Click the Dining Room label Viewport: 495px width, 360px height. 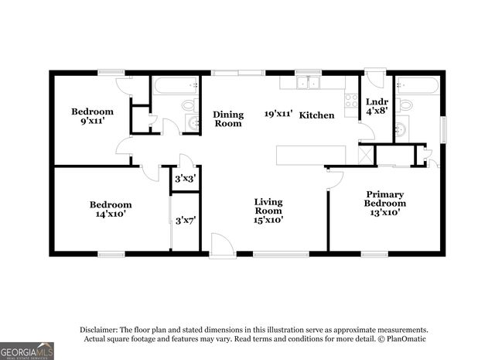point(228,118)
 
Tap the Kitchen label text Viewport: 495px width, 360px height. point(317,115)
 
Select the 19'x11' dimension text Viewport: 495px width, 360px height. point(279,113)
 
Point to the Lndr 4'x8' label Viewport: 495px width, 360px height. point(377,106)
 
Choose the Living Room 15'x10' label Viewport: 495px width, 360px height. point(268,211)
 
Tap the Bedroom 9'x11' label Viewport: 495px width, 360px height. point(92,117)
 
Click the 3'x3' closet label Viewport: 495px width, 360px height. point(184,179)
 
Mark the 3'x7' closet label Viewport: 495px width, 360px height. point(185,221)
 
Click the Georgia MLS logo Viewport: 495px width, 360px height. point(27,351)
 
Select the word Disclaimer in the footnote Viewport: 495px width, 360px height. point(97,329)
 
